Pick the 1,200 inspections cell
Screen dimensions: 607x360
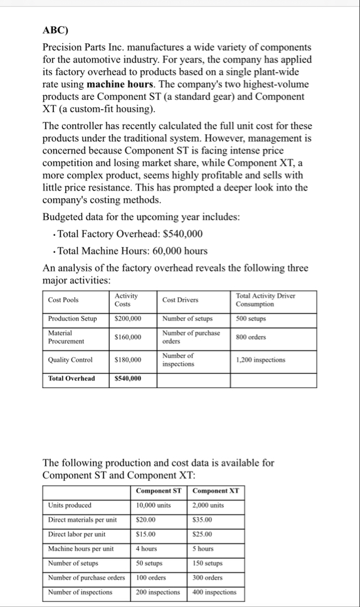tap(261, 360)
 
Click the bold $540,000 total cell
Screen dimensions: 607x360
tap(127, 379)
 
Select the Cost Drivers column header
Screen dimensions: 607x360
tap(179, 300)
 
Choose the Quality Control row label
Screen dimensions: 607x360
tap(70, 360)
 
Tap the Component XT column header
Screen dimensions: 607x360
tap(216, 490)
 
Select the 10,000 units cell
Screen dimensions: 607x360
tap(153, 505)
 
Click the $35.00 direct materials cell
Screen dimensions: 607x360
tap(203, 520)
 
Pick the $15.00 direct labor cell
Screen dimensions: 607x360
tap(146, 534)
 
